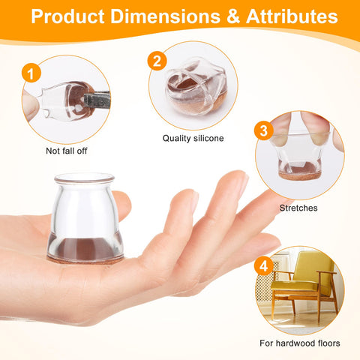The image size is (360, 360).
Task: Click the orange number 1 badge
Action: point(31,73)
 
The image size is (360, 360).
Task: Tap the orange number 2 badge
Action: point(157,61)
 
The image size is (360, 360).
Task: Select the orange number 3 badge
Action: point(264,130)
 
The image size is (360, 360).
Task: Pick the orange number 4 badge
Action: point(264,265)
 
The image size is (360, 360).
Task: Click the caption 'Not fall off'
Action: point(67,151)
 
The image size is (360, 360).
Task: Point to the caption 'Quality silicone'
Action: point(193,138)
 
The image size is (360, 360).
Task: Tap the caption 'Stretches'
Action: point(298,208)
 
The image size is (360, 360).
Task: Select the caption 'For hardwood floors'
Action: point(300,343)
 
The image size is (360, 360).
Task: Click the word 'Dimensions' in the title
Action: point(166,16)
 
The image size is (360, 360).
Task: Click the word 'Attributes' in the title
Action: point(292,16)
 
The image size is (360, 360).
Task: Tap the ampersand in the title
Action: point(233,16)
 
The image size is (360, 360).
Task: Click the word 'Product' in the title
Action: point(67,16)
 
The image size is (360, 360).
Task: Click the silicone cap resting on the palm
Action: point(85,217)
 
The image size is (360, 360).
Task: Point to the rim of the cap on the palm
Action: point(85,178)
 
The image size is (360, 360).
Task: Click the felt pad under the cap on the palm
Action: point(85,259)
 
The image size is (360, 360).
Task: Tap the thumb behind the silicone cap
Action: point(123,205)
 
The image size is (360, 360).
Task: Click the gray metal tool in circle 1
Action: point(97,100)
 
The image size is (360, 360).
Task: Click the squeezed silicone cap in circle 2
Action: point(196,87)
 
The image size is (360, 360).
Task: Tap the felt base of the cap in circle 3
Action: point(299,175)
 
